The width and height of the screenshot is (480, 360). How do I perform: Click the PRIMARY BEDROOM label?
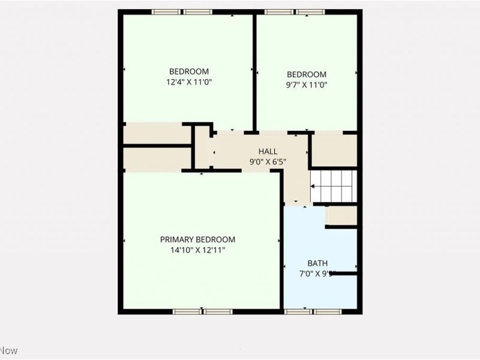(x=197, y=239)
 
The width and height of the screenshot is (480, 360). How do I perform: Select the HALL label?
(x=268, y=151)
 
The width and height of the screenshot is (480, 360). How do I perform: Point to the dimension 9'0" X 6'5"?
(x=268, y=161)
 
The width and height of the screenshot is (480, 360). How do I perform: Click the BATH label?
(x=317, y=263)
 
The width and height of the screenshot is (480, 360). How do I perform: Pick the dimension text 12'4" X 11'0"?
(x=189, y=82)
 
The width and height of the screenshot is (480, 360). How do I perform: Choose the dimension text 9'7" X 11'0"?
(x=307, y=85)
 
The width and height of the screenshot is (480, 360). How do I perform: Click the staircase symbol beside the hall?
(x=334, y=186)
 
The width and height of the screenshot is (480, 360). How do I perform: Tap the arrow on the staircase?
(x=314, y=186)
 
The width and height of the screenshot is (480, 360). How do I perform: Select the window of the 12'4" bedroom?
(x=181, y=11)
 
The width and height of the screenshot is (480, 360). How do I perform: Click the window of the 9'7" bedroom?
(x=295, y=11)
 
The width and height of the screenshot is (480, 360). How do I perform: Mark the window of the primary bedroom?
(x=202, y=311)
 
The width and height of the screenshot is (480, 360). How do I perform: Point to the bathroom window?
(x=314, y=311)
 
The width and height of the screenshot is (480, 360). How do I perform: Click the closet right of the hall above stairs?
(x=334, y=150)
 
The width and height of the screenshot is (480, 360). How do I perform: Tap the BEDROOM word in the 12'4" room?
(x=189, y=70)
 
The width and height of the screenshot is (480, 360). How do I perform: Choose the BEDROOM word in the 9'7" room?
(x=307, y=74)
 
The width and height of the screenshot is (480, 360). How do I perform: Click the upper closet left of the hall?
(x=156, y=134)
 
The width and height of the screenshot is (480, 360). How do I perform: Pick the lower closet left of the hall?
(x=156, y=158)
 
